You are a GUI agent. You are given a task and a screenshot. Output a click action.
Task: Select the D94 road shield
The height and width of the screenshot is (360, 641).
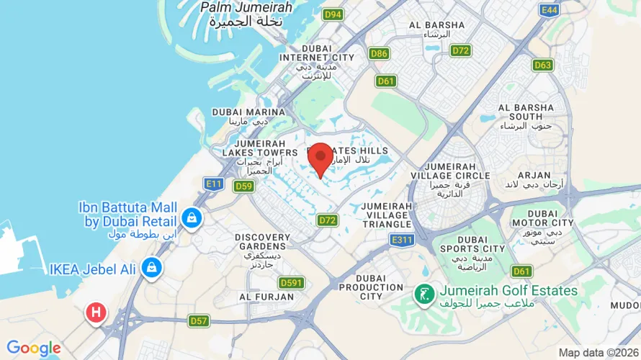tap(333, 14)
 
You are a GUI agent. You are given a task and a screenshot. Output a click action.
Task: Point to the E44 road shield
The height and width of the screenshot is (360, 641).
tap(550, 9)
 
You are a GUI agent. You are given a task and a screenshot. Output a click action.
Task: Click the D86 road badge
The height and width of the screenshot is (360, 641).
tap(379, 53)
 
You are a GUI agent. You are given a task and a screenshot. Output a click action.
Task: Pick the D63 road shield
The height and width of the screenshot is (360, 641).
tap(543, 66)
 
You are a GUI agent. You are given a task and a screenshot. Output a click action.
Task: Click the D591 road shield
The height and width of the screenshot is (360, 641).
tap(291, 283)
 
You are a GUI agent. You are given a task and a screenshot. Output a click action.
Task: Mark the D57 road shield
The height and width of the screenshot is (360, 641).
tap(199, 320)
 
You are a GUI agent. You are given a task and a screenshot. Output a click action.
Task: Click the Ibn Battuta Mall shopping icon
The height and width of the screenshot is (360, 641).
tap(191, 217)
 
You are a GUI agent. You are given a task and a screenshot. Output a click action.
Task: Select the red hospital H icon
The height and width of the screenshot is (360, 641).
tap(95, 313)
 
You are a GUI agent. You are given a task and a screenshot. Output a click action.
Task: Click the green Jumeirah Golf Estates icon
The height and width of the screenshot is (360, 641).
tap(423, 293)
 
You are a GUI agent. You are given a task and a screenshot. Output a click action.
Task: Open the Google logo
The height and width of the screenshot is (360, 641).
tap(34, 348)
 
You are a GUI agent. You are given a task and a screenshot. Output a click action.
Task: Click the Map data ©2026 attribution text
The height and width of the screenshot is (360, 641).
tap(599, 353)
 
